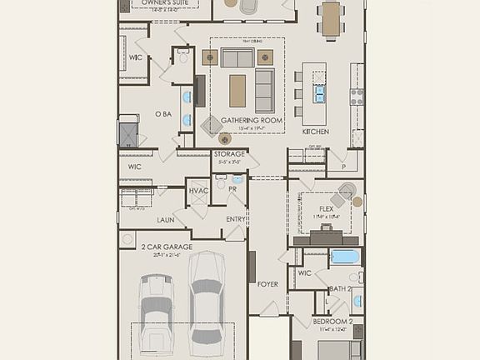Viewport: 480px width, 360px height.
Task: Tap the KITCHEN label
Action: [x=316, y=132]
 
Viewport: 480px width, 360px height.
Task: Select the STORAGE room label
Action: [x=229, y=154]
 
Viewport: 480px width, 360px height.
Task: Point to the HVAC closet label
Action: [x=198, y=191]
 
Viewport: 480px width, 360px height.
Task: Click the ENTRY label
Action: [x=236, y=219]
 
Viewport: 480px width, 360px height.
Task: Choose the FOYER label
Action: [x=267, y=284]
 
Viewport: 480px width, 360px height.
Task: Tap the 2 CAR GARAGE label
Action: [x=167, y=247]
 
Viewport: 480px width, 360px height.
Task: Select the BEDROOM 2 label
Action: [x=333, y=322]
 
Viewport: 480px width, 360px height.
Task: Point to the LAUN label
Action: [x=165, y=220]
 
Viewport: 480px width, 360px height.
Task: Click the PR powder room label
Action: [x=232, y=189]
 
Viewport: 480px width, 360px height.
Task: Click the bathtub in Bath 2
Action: [x=344, y=257]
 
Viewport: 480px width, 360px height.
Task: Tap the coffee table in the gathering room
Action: [x=237, y=90]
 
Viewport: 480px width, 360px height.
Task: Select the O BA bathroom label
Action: [x=163, y=114]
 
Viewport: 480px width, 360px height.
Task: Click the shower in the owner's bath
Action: [x=127, y=133]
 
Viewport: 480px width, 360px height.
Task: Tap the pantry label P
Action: [x=342, y=167]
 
